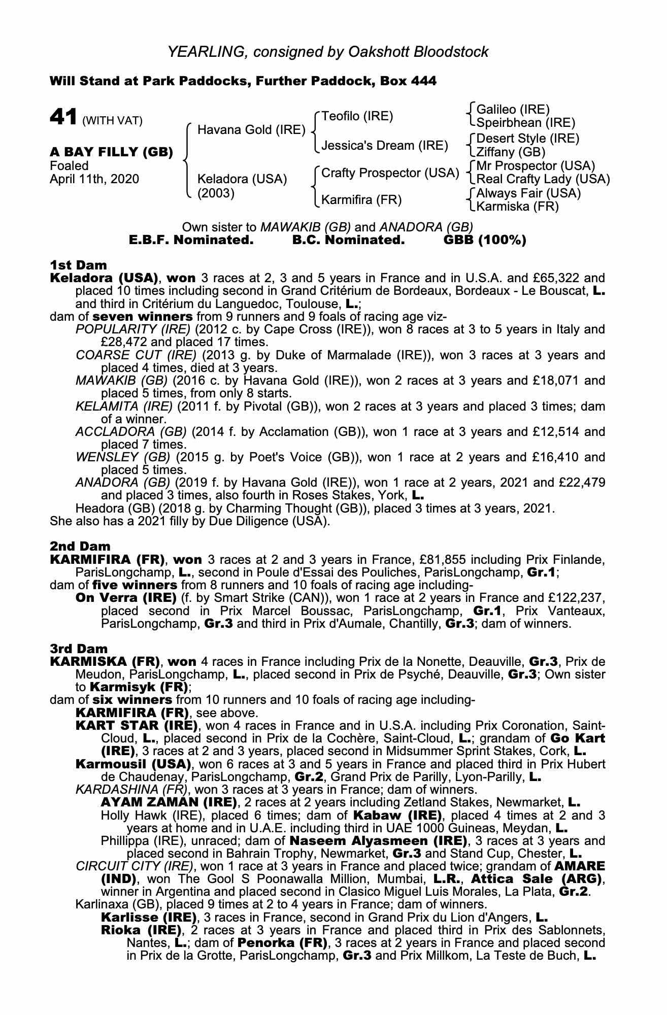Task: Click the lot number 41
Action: (63, 117)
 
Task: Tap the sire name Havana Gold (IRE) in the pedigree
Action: (251, 130)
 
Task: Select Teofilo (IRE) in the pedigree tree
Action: (357, 116)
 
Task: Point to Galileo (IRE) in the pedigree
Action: (513, 109)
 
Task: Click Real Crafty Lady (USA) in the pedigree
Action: (543, 179)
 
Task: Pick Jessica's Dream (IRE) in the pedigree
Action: (385, 146)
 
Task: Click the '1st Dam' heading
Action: (79, 265)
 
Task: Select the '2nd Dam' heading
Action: (80, 547)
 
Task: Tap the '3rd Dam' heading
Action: (79, 649)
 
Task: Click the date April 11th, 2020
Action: (94, 179)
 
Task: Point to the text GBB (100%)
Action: (485, 240)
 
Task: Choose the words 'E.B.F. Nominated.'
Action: (192, 240)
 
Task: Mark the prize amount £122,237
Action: (577, 598)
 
